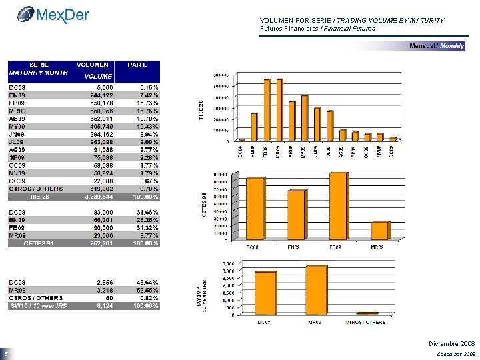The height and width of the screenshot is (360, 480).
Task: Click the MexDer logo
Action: (53, 14)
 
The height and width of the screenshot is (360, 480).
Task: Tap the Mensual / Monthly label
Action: (437, 46)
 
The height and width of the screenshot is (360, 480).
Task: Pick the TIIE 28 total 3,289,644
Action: (97, 197)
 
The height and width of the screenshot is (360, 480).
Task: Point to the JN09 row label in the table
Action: (17, 134)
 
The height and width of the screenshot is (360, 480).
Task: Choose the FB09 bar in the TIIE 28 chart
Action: (267, 109)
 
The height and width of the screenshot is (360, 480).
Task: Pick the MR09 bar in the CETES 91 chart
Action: (379, 230)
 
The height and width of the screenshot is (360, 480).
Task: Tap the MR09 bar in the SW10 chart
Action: (316, 289)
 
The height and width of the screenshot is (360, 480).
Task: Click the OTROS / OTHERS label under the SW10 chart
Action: (365, 322)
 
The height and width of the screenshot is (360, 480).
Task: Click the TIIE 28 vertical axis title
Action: (203, 110)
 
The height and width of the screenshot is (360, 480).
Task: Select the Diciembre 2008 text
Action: (451, 343)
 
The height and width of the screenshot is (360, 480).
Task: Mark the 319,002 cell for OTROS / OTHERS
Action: (97, 189)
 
